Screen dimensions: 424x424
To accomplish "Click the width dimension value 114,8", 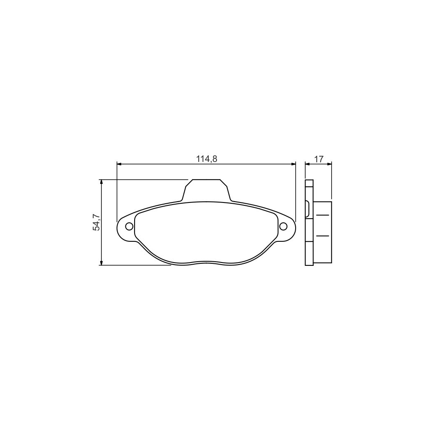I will coord(207,159).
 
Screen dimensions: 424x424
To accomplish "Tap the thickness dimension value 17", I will coord(318,159).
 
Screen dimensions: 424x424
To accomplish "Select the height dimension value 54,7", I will coord(96,222).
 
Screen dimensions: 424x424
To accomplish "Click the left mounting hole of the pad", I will coord(129,226).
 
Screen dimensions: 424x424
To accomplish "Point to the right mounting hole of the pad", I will coord(284,226).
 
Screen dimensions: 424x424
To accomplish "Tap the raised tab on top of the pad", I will coord(206,190).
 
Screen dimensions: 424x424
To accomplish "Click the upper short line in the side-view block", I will coord(323,215).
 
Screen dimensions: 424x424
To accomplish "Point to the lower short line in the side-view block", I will coord(323,236).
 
